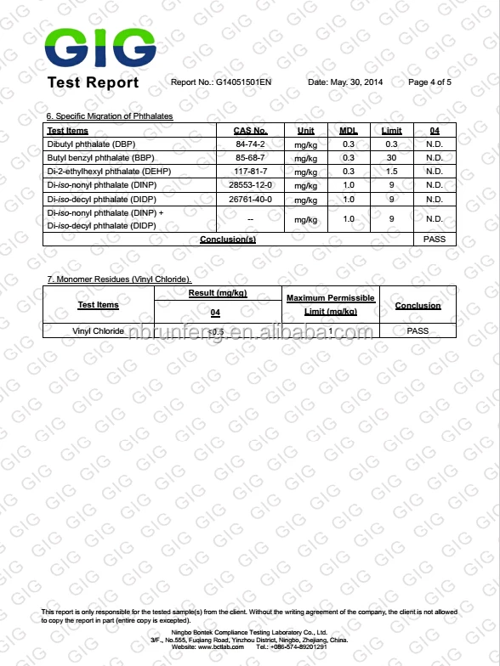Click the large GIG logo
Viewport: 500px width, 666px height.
point(100,48)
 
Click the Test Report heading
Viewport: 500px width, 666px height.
point(93,82)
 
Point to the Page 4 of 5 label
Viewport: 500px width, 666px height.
point(429,82)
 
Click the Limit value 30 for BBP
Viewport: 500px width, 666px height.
point(391,158)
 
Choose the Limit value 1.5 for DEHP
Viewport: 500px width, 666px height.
point(391,172)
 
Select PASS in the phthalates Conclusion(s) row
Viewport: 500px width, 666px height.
point(434,240)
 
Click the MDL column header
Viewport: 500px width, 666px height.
point(349,131)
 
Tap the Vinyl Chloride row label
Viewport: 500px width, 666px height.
point(98,331)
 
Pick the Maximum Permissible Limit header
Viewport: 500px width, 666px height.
point(330,305)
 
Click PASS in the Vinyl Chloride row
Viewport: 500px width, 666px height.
point(418,331)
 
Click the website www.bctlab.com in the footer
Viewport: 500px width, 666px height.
point(223,647)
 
